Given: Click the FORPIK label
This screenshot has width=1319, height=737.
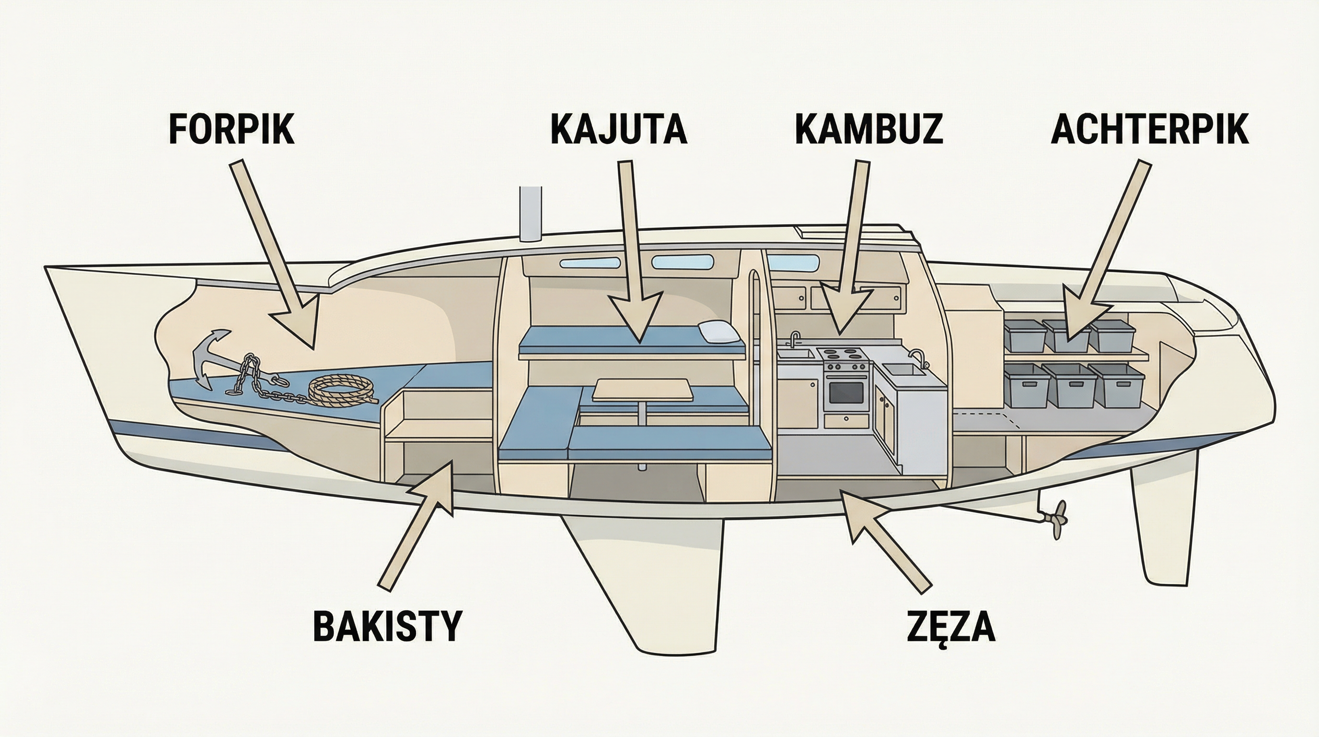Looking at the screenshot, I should (x=231, y=130).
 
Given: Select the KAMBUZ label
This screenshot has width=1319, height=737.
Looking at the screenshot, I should (x=868, y=130).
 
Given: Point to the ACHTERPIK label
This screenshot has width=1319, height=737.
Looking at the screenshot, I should (x=1149, y=130).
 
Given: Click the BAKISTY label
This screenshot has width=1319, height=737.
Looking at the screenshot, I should (x=387, y=626).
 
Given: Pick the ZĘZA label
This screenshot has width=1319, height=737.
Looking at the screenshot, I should (x=951, y=626).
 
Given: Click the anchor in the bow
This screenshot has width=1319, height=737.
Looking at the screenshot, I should (x=210, y=359).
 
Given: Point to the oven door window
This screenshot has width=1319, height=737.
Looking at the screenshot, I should (x=845, y=392).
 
